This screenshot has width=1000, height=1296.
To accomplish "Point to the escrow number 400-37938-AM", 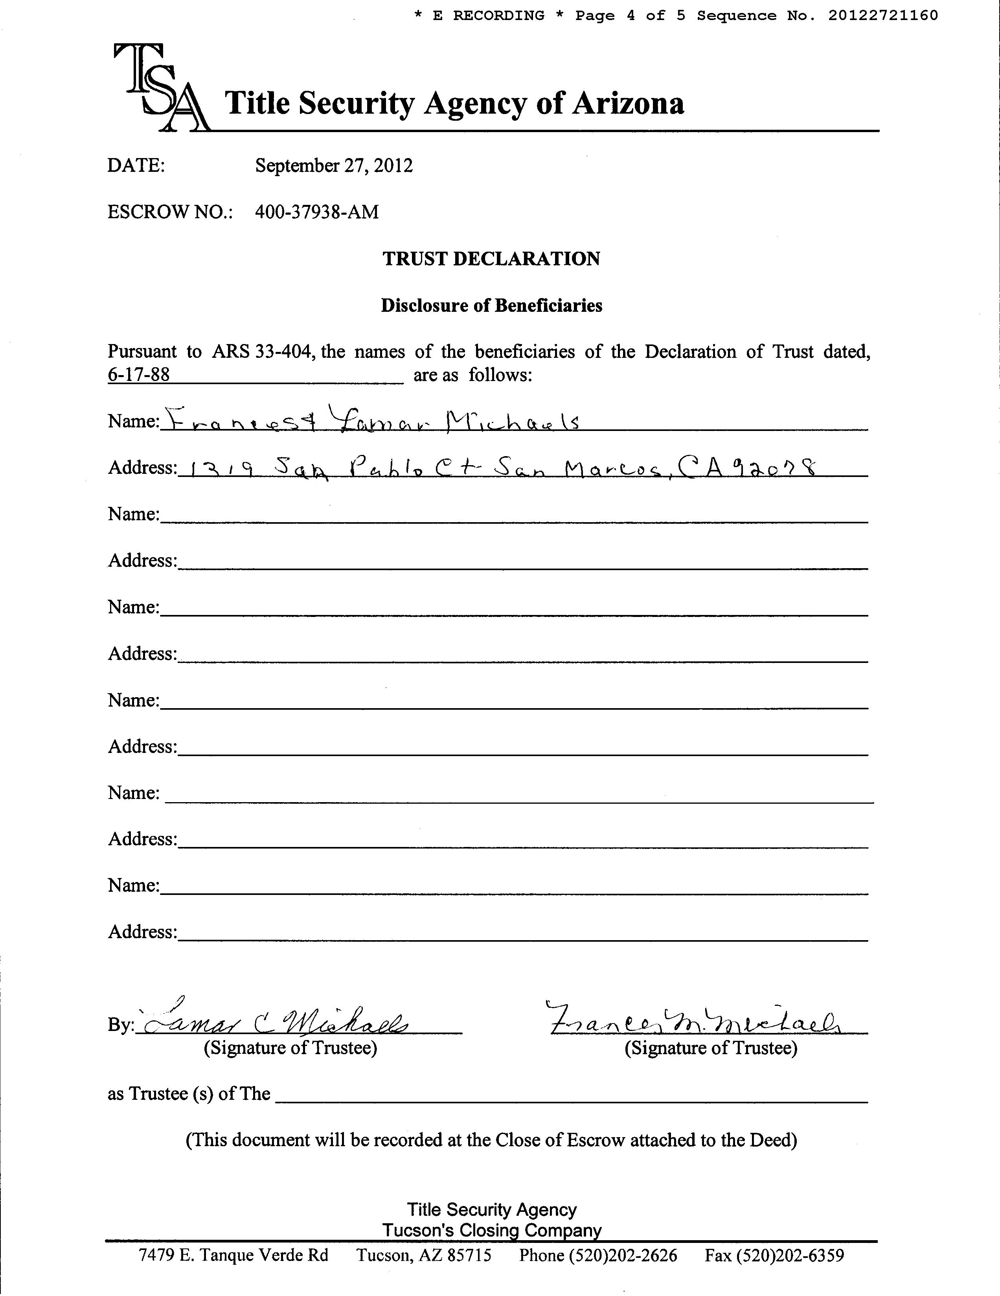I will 317,212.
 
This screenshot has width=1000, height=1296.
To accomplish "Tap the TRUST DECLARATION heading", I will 491,259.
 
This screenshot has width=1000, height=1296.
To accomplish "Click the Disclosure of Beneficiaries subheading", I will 491,306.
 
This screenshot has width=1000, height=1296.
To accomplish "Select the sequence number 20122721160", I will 883,15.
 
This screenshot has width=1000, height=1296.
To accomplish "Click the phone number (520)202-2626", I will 598,1255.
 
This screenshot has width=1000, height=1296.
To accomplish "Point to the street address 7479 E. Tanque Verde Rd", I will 233,1255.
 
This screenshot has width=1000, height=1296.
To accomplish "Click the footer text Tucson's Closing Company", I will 491,1230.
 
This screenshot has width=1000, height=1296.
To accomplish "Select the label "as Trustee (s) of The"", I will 189,1093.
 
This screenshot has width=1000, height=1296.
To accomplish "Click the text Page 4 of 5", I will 629,15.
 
